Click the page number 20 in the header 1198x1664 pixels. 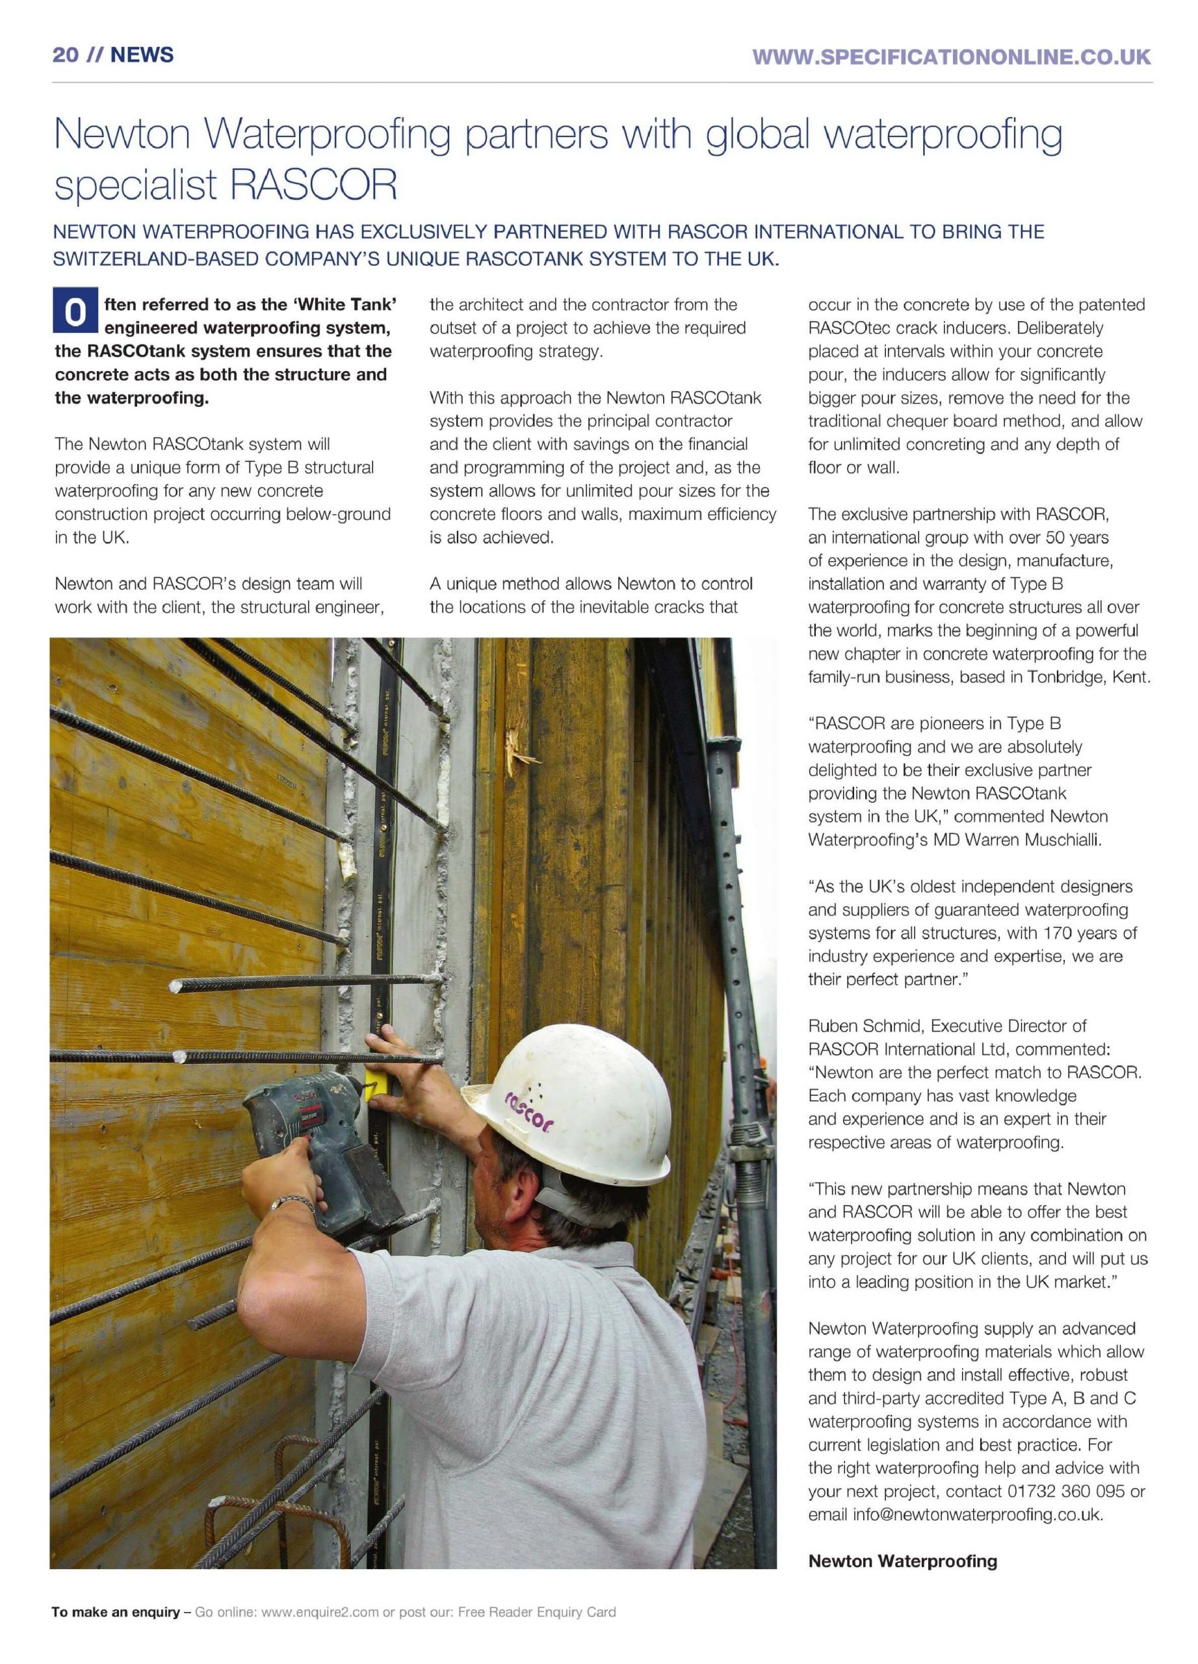(65, 55)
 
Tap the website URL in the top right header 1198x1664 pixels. (952, 57)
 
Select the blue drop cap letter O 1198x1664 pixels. (74, 313)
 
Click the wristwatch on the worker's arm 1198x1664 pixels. (291, 1203)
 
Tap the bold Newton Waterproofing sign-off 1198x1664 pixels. (902, 1561)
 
